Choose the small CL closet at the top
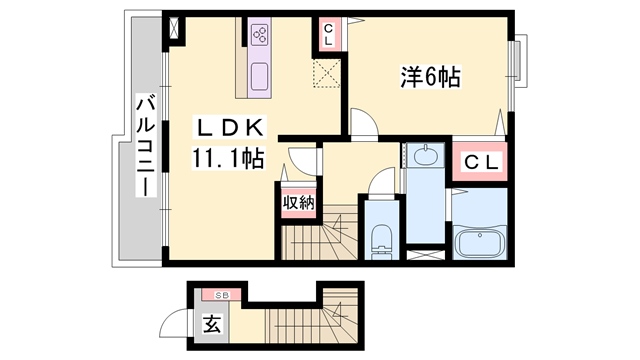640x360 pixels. point(329,34)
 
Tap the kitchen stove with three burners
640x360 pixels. point(260,36)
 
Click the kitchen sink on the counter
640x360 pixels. point(260,75)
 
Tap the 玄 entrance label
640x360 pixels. point(212,324)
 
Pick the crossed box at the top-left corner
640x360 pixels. point(178,27)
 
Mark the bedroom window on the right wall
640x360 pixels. point(518,75)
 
